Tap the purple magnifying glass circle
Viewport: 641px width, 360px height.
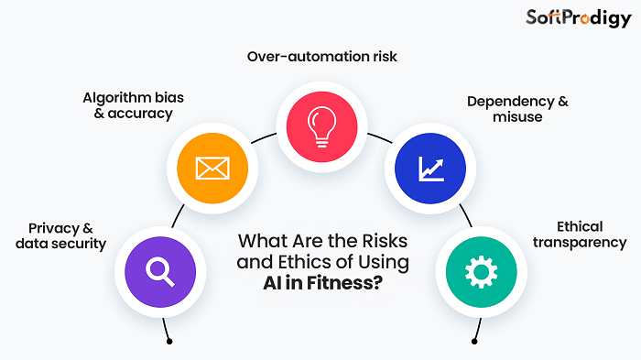(x=160, y=270)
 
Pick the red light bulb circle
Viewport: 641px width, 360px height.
(x=321, y=125)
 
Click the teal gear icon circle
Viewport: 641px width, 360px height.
(x=481, y=270)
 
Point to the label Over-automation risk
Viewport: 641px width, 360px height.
(x=321, y=57)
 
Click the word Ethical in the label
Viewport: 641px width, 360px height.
(x=579, y=226)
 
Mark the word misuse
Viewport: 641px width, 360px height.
(x=516, y=117)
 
